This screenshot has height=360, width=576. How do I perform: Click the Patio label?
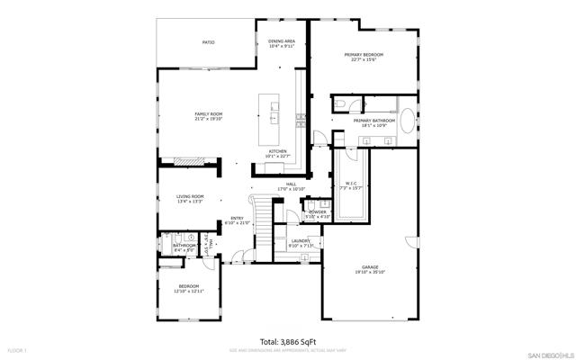[208, 41]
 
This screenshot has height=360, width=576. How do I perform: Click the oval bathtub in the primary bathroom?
[409, 121]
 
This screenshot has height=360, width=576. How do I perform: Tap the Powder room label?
[318, 212]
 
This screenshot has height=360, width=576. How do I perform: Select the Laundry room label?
[300, 240]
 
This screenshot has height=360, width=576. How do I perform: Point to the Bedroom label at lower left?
[189, 286]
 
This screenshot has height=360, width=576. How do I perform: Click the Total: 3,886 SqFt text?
[288, 341]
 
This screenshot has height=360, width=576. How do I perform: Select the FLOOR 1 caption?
[18, 349]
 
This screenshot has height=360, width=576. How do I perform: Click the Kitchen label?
[275, 151]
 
